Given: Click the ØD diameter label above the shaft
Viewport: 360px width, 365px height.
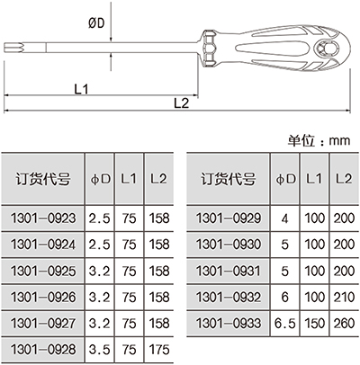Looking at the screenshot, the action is (x=96, y=23).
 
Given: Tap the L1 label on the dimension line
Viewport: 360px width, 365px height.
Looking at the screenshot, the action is (x=81, y=89).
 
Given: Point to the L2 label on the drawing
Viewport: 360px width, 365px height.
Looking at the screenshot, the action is (x=182, y=103).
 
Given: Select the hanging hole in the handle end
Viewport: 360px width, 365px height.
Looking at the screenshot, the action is (x=327, y=48).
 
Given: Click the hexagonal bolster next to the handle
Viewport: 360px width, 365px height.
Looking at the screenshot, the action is (x=210, y=48).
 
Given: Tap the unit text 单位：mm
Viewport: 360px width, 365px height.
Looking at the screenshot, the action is (x=319, y=140).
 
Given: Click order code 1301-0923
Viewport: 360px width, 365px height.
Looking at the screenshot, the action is (x=43, y=218).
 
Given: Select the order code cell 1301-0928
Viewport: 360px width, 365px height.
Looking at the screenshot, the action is (x=43, y=350).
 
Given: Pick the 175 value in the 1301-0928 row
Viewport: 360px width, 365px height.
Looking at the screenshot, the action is (x=159, y=350).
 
